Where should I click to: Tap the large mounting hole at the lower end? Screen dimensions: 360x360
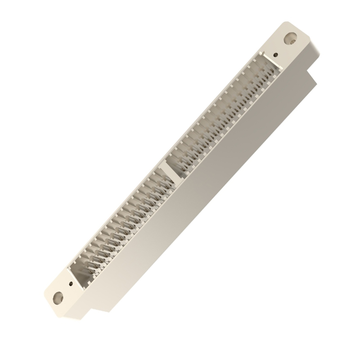[57, 297]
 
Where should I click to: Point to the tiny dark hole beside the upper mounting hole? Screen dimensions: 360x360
[275, 54]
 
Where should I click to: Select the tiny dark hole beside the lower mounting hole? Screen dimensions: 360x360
[71, 283]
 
